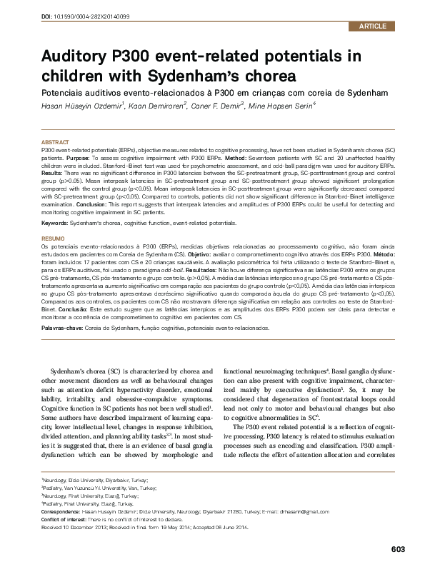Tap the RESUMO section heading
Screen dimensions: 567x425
(54, 238)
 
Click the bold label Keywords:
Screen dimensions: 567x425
(56, 224)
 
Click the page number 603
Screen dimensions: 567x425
(399, 548)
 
